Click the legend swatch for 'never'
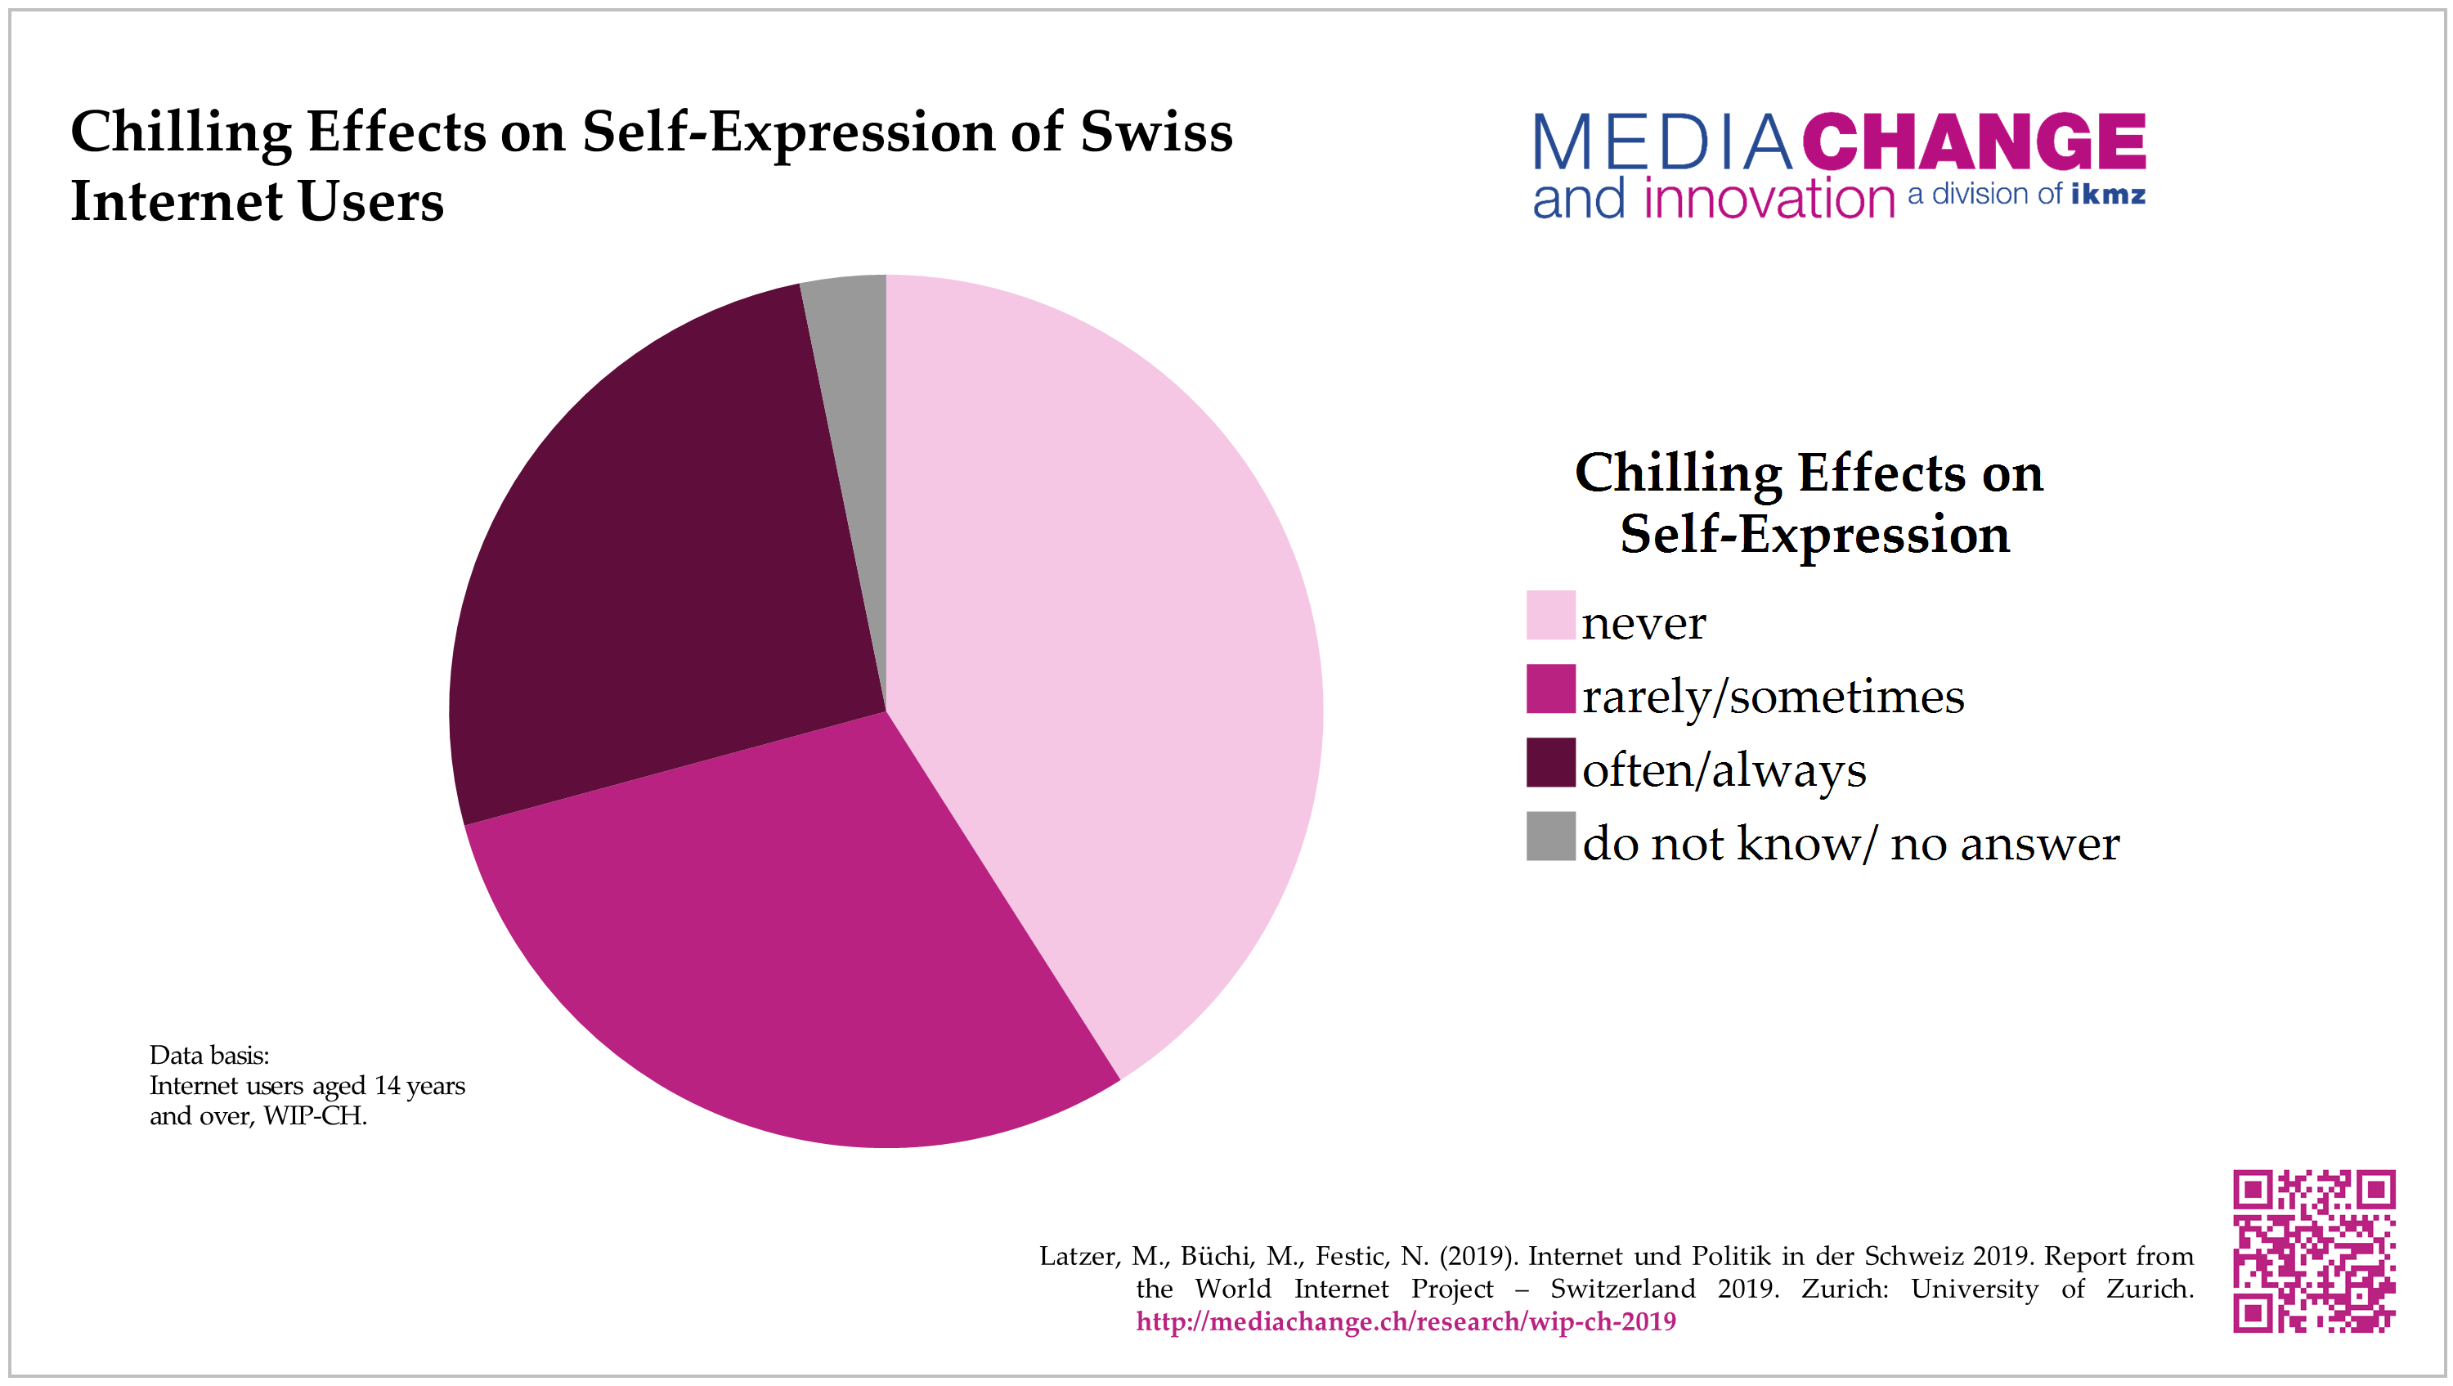pyautogui.click(x=1550, y=616)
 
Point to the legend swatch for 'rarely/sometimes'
pyautogui.click(x=1550, y=689)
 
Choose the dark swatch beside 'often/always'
pyautogui.click(x=1550, y=762)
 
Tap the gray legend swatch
pyautogui.click(x=1550, y=836)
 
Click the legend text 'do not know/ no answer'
pyautogui.click(x=1850, y=843)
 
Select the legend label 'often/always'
pyautogui.click(x=1724, y=769)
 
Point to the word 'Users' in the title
pyautogui.click(x=370, y=202)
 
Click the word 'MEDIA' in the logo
pyautogui.click(x=1661, y=143)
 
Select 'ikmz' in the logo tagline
pyautogui.click(x=2107, y=195)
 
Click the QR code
pyautogui.click(x=2314, y=1251)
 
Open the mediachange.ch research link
pyautogui.click(x=1406, y=1321)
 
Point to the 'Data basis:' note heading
pyautogui.click(x=209, y=1055)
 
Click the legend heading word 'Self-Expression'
pyautogui.click(x=1814, y=533)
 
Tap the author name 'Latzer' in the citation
pyautogui.click(x=1078, y=1257)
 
